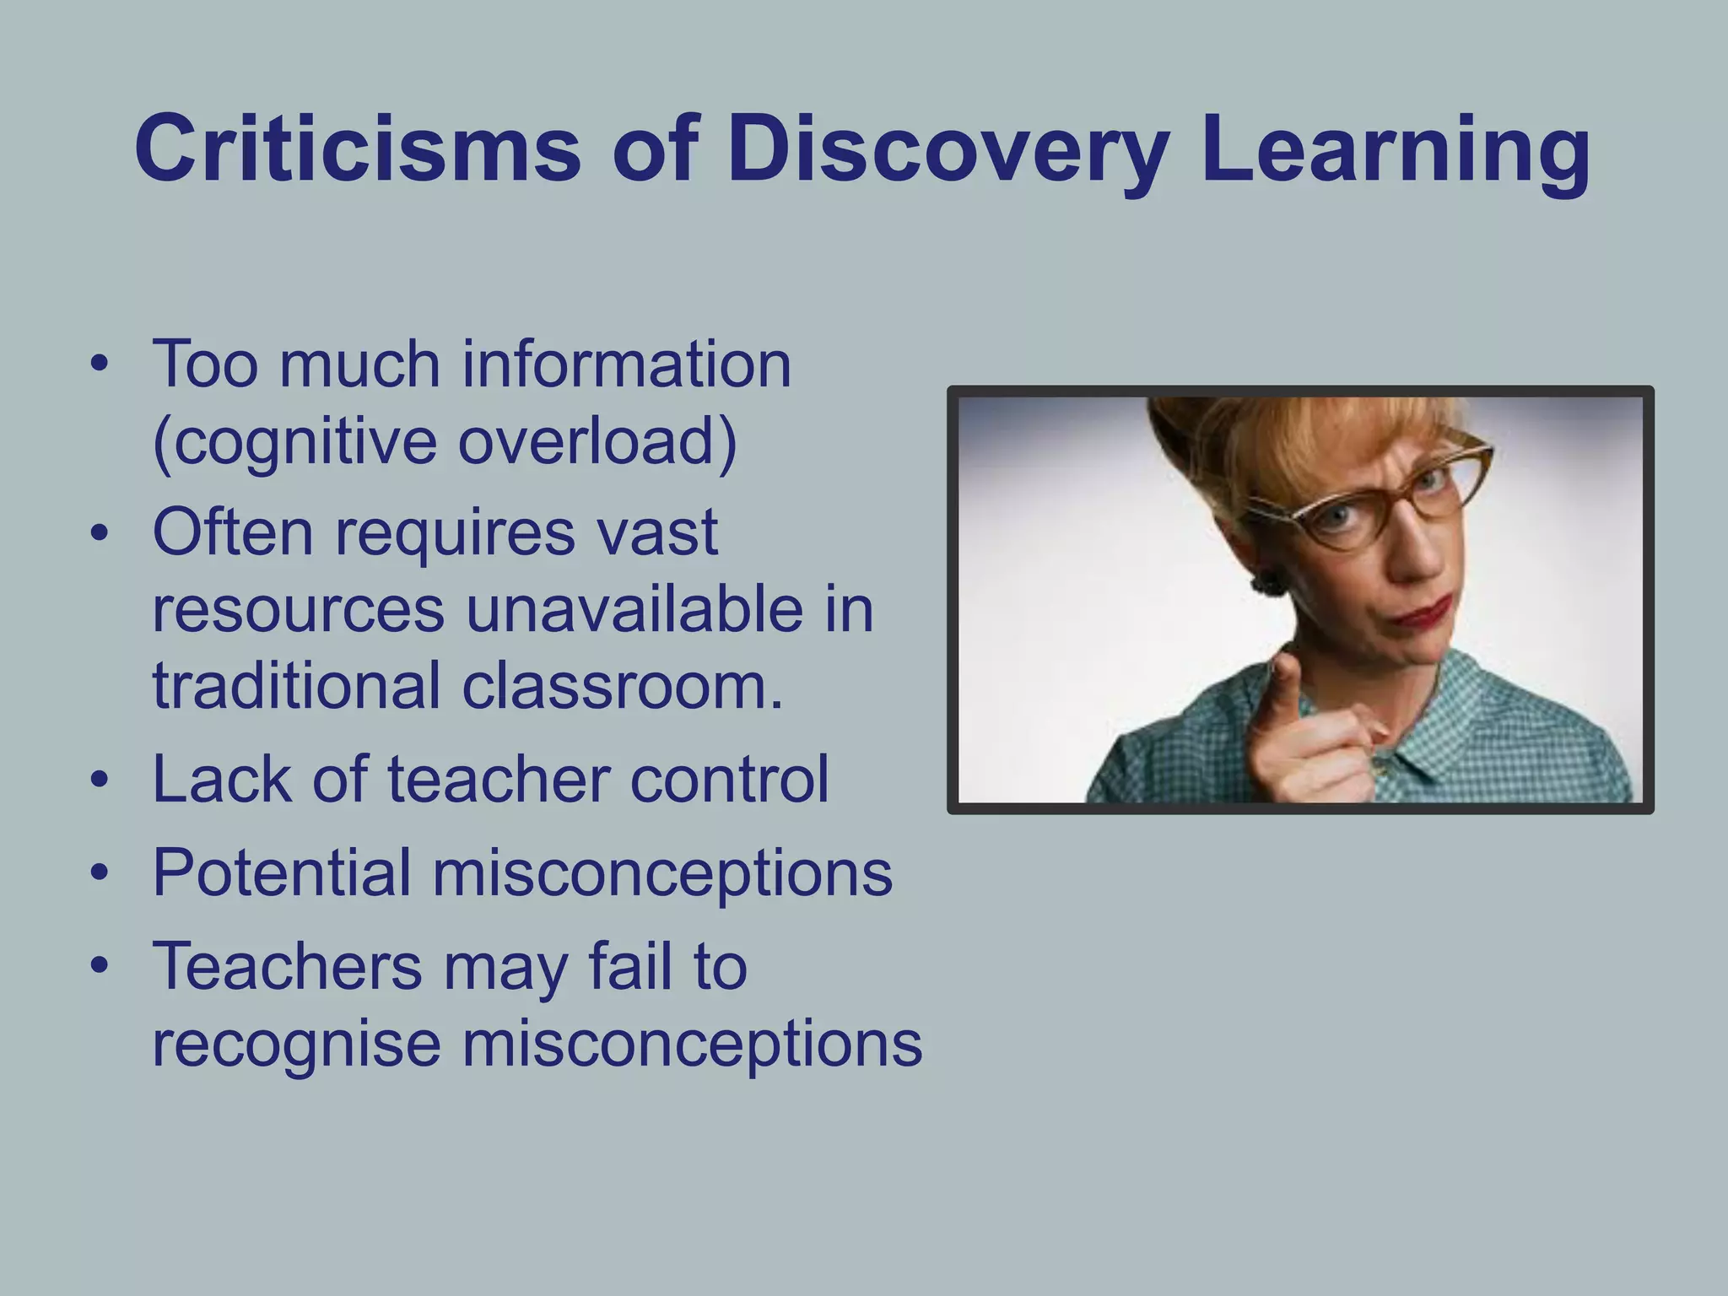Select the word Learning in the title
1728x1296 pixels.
[x=1396, y=152]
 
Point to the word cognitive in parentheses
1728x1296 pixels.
[x=296, y=442]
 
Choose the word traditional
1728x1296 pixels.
[x=296, y=685]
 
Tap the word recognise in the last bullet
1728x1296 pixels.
[x=296, y=1045]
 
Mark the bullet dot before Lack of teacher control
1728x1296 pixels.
[x=100, y=780]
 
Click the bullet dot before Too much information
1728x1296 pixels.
[x=100, y=365]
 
